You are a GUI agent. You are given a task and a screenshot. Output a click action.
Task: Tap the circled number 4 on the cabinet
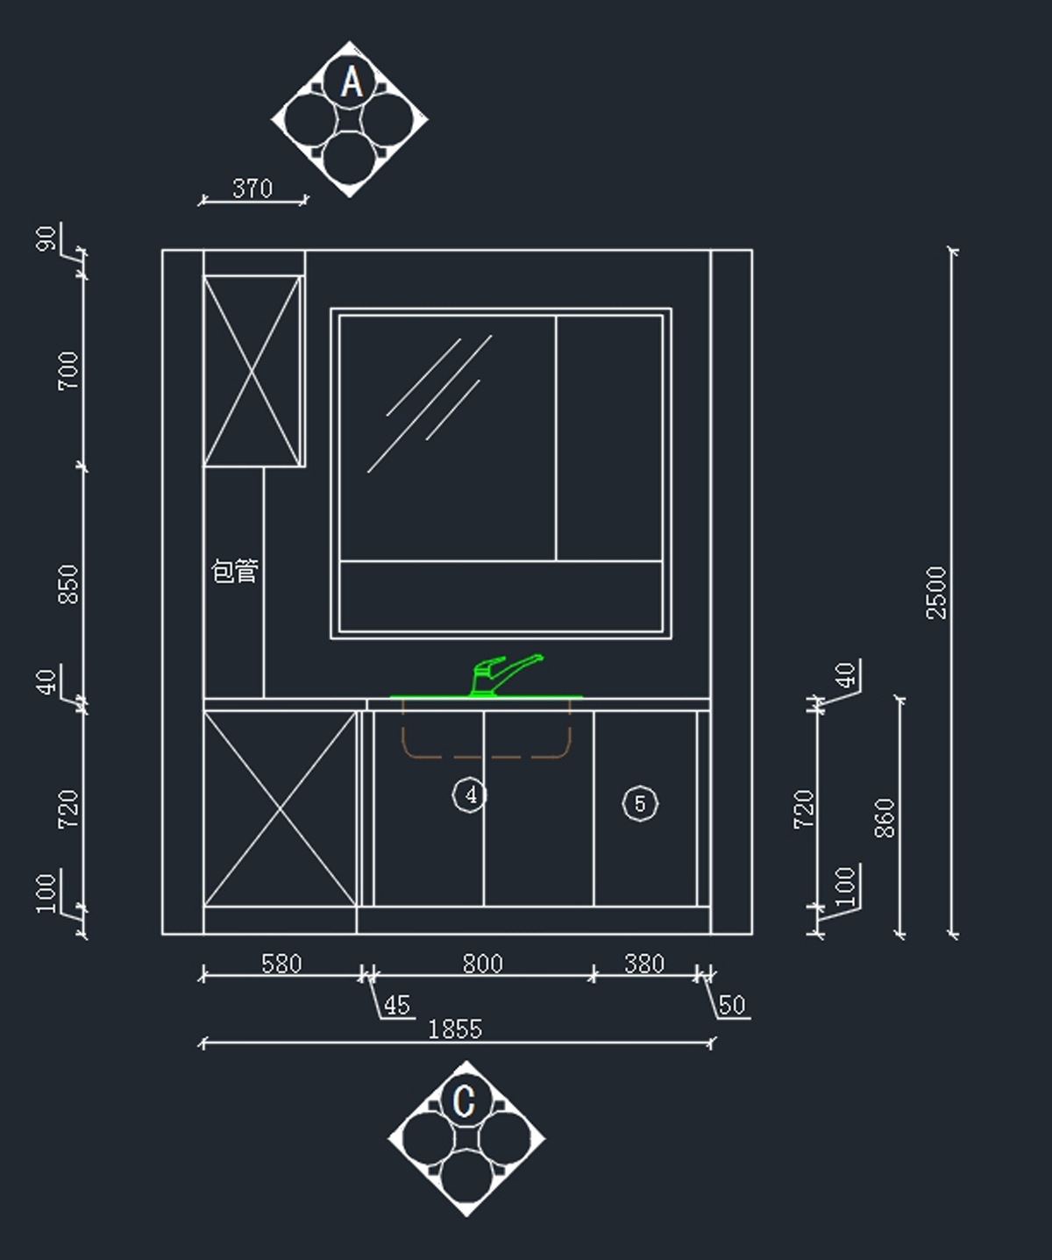pyautogui.click(x=471, y=795)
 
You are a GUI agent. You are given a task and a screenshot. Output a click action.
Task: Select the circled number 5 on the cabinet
pyautogui.click(x=640, y=804)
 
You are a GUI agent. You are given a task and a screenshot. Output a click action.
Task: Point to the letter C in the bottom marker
pyautogui.click(x=465, y=1101)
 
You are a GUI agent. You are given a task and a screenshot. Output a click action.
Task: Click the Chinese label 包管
pyautogui.click(x=235, y=572)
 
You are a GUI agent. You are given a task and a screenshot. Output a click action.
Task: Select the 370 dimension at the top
pyautogui.click(x=252, y=188)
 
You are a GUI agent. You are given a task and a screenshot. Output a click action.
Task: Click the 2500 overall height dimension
pyautogui.click(x=937, y=593)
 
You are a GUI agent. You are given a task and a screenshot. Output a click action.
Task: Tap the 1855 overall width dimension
pyautogui.click(x=455, y=1029)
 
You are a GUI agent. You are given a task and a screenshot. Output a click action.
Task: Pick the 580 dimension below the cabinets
pyautogui.click(x=281, y=964)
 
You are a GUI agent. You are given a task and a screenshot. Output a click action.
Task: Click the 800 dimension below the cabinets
pyautogui.click(x=482, y=964)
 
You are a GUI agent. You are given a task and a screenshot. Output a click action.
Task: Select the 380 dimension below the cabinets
pyautogui.click(x=644, y=964)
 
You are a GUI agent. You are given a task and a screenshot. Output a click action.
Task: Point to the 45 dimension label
pyautogui.click(x=397, y=1005)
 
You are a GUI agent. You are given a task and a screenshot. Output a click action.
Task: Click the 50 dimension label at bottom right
pyautogui.click(x=732, y=1005)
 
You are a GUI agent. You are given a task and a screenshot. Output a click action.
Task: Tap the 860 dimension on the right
pyautogui.click(x=885, y=817)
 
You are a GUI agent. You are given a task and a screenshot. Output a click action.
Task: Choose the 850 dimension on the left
pyautogui.click(x=68, y=584)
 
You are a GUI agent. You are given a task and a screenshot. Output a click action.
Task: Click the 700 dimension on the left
pyautogui.click(x=68, y=371)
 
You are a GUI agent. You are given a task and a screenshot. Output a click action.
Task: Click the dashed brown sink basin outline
pyautogui.click(x=486, y=754)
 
